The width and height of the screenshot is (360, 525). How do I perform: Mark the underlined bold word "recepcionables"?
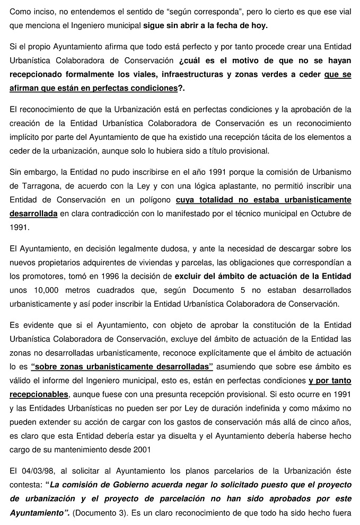click(39, 394)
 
